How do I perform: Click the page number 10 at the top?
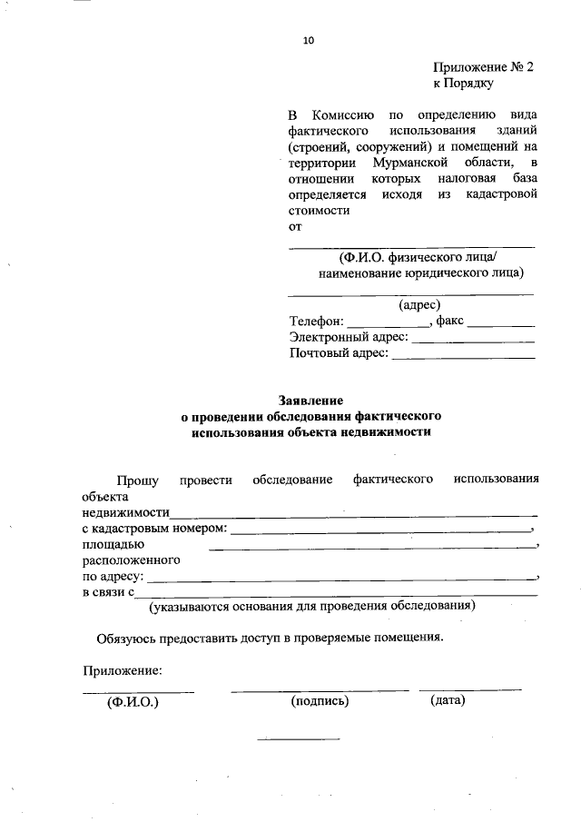308,40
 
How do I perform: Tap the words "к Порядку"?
463,84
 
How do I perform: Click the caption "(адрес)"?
419,305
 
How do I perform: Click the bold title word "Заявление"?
310,400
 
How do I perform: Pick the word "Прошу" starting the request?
138,480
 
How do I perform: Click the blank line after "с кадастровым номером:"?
381,530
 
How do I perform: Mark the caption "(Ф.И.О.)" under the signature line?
133,701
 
